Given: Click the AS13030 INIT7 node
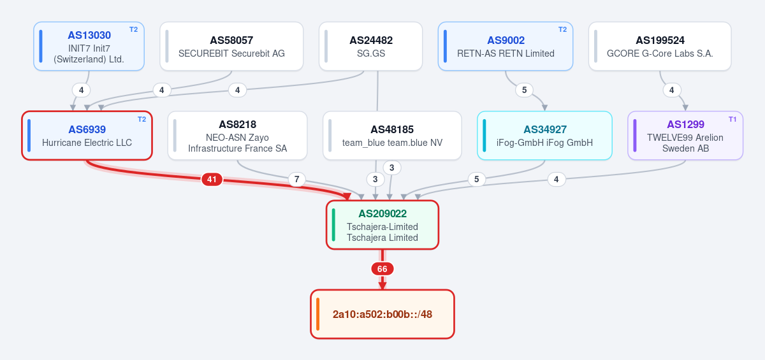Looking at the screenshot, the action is [x=89, y=47].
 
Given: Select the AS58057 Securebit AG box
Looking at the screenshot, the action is [x=231, y=47].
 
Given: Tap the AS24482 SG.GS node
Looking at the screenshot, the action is [x=370, y=47].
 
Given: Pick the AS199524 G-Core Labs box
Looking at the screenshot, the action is [x=660, y=47].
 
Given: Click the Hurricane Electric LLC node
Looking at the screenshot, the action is [x=87, y=136].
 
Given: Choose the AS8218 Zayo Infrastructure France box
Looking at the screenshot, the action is [x=237, y=136].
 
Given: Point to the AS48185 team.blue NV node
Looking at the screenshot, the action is [x=392, y=136].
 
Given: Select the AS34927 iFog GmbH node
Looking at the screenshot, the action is [x=544, y=136].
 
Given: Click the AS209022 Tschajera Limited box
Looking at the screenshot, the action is [x=382, y=225].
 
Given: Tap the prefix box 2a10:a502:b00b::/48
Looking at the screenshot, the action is [x=382, y=314].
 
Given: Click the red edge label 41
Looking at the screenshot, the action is [x=212, y=179].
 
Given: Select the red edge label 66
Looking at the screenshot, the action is [x=382, y=269].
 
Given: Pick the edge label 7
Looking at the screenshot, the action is [x=297, y=179].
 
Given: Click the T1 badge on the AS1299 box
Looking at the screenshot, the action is [x=732, y=119].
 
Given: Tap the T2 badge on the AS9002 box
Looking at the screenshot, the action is [x=562, y=30].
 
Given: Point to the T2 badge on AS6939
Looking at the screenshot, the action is [x=142, y=119].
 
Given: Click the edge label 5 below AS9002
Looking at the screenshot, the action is [x=524, y=90].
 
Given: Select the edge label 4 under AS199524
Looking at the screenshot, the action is [x=672, y=90].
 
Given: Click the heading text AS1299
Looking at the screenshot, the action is [x=685, y=124].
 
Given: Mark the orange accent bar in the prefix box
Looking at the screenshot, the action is [x=317, y=314].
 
